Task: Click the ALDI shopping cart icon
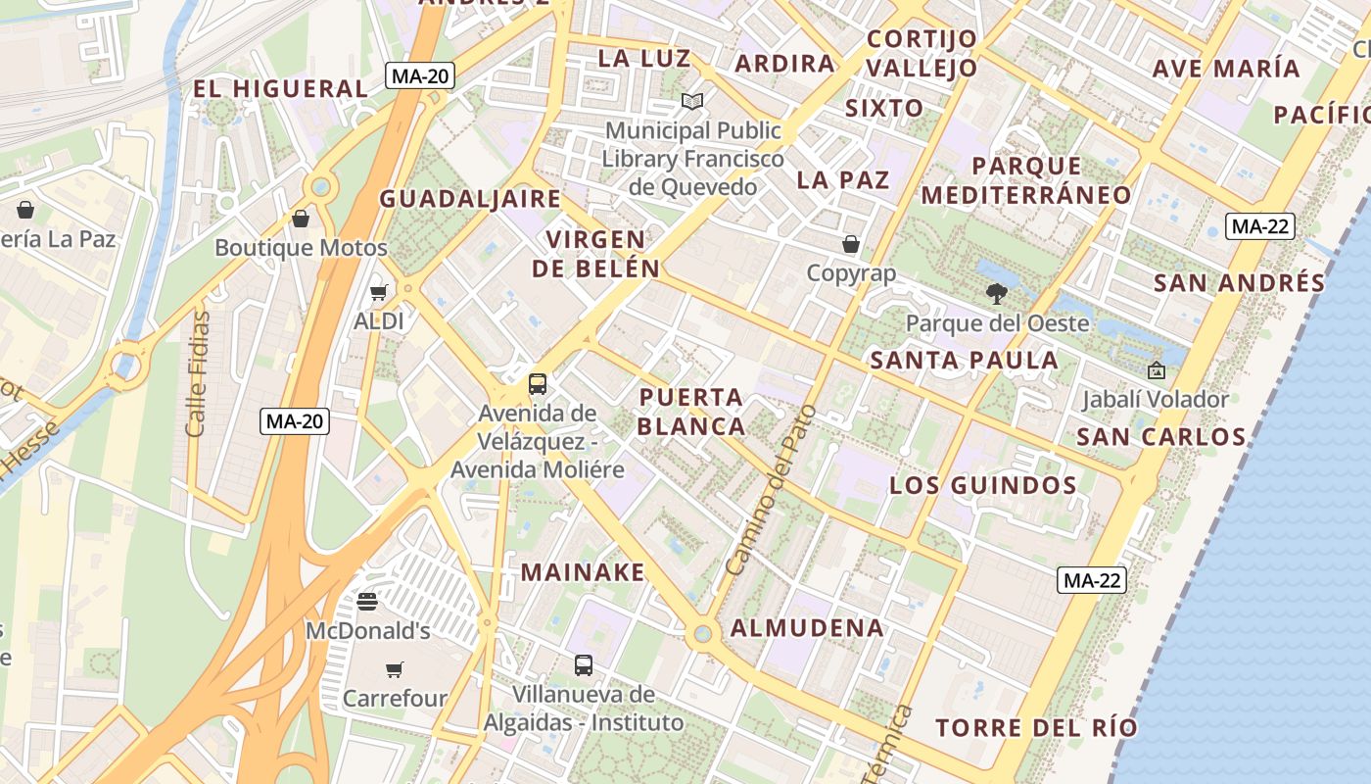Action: [378, 292]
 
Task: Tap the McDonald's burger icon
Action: [367, 601]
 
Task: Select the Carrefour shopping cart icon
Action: [394, 669]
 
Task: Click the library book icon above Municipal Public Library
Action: [692, 101]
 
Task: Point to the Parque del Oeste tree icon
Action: [997, 293]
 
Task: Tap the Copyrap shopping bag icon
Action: [851, 244]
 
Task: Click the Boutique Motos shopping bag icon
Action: [301, 219]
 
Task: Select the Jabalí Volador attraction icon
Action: [1156, 370]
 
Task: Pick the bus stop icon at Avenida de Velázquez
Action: [537, 383]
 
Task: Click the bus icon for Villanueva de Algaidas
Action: [584, 665]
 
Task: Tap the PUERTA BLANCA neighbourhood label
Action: [691, 412]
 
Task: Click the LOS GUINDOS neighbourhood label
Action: [983, 485]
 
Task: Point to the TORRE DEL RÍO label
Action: [1036, 728]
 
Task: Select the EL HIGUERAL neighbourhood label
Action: [280, 88]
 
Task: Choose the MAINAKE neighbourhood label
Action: [583, 572]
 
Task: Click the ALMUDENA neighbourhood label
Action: [807, 628]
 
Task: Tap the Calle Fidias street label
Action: [197, 374]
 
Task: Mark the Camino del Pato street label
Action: [772, 490]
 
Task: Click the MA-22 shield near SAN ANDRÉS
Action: [1259, 226]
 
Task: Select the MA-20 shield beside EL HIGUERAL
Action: [419, 75]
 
